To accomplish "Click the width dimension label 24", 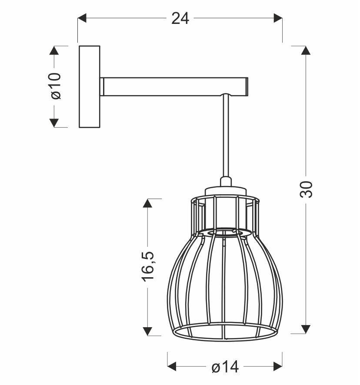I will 180,18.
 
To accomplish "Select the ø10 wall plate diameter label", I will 55,86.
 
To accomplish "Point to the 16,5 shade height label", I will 148,266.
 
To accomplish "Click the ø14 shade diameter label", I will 225,367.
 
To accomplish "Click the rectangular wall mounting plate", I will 89,86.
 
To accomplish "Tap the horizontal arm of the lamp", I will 174,86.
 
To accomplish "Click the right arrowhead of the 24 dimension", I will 277,18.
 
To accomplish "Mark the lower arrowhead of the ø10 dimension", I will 54,123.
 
